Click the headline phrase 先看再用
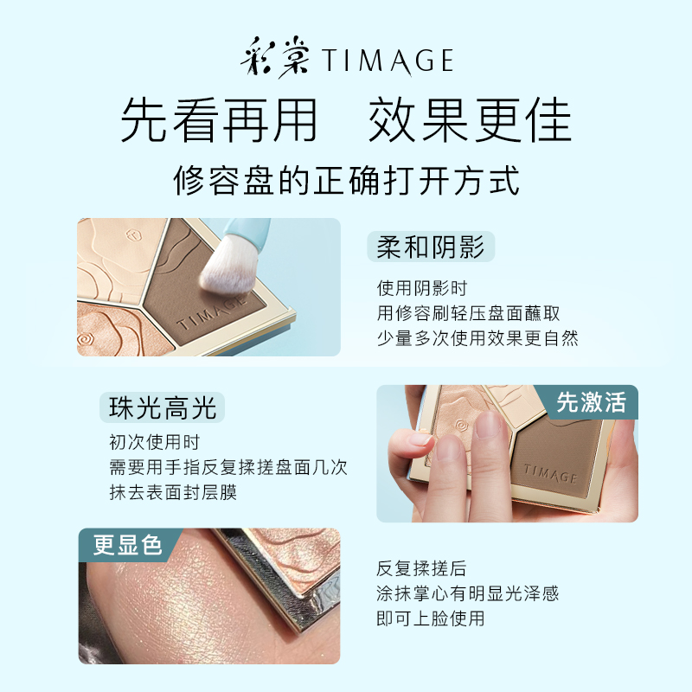coord(219,120)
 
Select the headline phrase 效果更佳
coord(470,120)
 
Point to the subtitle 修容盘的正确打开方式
coord(346,182)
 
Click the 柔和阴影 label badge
coord(431,247)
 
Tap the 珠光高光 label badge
coord(163,407)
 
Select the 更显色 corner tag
coord(128,546)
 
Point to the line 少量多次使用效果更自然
coord(477,338)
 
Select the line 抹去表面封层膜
coord(173,492)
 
